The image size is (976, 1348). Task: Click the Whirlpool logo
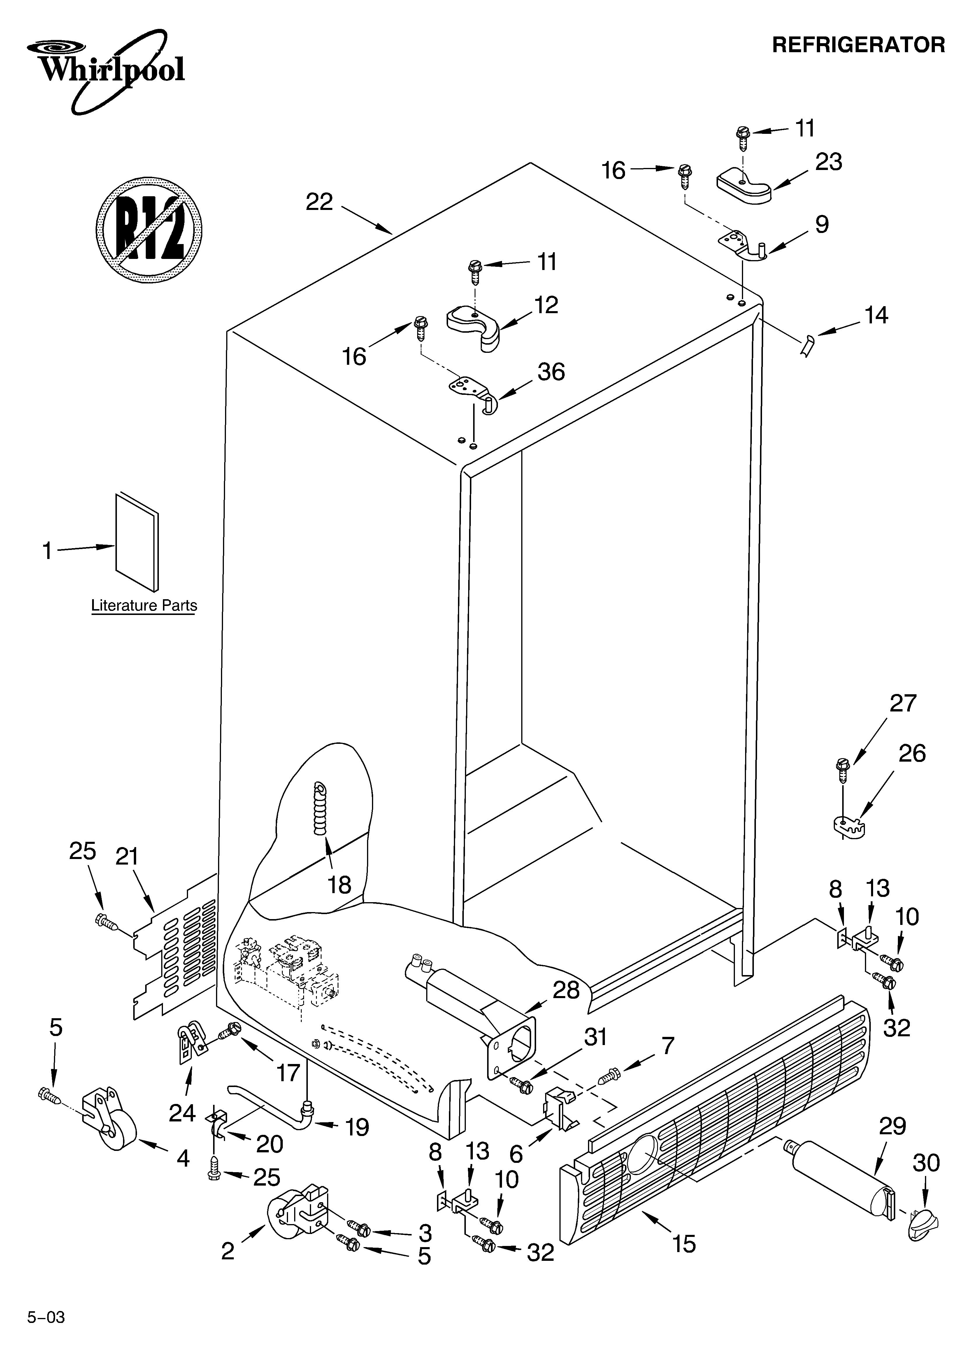tap(107, 70)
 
